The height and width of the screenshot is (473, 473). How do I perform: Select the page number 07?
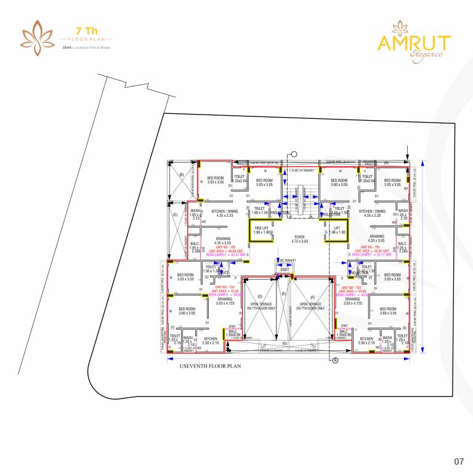click(x=458, y=461)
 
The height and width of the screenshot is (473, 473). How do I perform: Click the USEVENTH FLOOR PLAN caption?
click(x=209, y=366)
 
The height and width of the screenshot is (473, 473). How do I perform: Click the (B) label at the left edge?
click(x=181, y=175)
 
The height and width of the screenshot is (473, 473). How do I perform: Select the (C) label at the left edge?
click(x=175, y=215)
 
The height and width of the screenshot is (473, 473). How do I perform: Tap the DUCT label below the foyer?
click(x=284, y=269)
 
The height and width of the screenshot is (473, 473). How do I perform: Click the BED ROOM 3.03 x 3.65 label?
click(x=216, y=180)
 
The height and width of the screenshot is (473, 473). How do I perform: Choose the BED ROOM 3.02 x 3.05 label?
click(x=392, y=182)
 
